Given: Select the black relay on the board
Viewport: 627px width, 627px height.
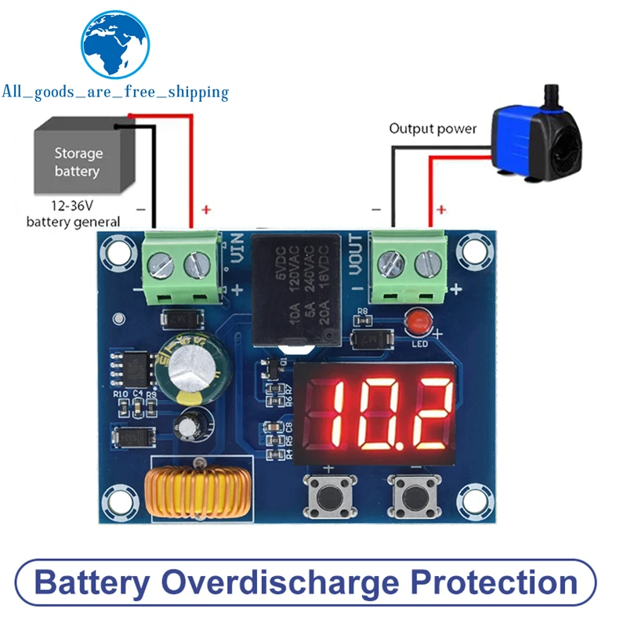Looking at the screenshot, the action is (297, 290).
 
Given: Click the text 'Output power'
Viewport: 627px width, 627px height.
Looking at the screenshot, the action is (433, 129).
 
